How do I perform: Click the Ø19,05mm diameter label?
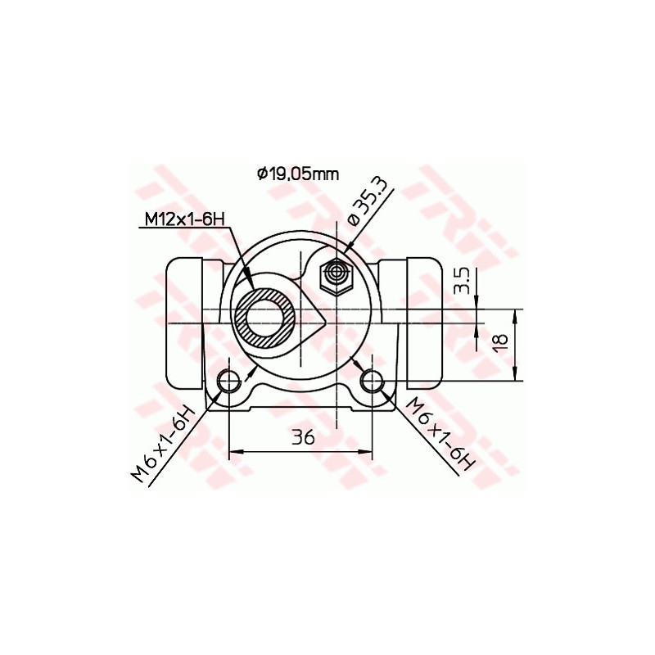coord(297,174)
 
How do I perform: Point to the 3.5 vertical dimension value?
coord(463,280)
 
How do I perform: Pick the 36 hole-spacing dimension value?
coord(302,438)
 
